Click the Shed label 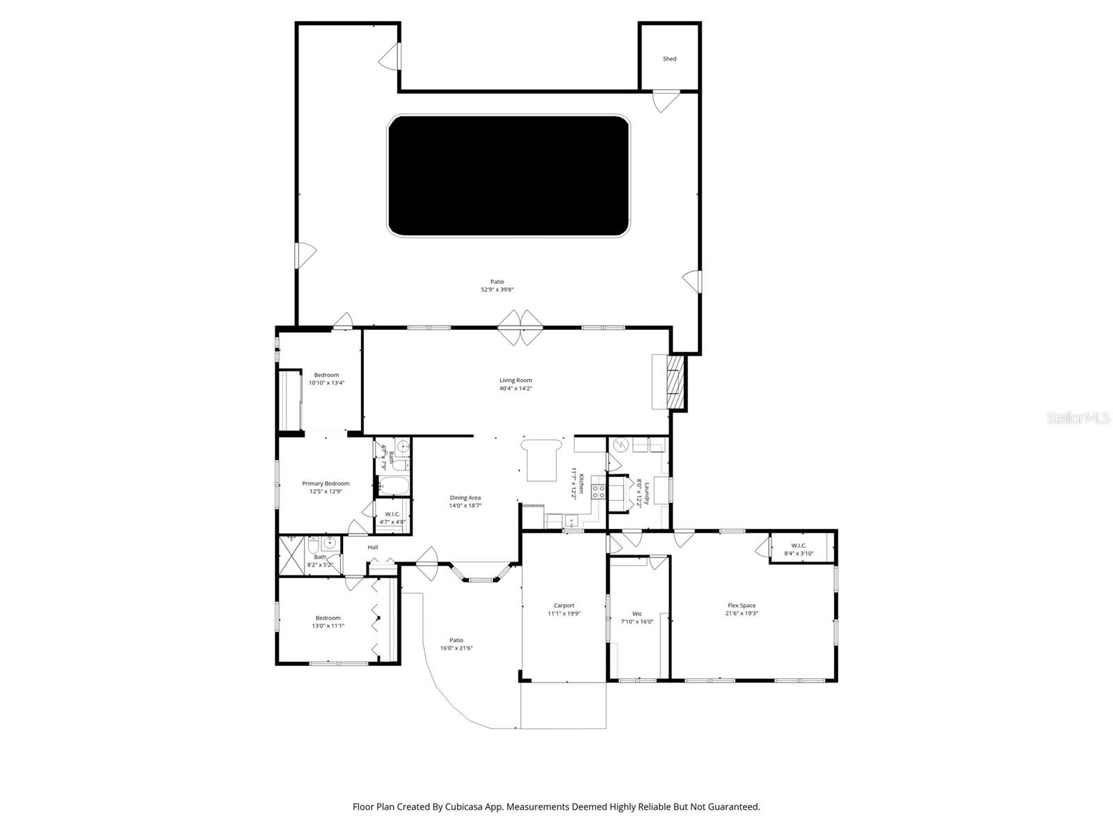coord(669,59)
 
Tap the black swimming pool coord(509,176)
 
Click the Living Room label coord(515,381)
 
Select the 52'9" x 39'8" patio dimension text coord(497,290)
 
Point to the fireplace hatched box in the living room coord(673,382)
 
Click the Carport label coord(563,605)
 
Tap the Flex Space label coord(742,605)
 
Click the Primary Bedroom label coord(326,484)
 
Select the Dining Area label coord(465,498)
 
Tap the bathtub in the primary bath coord(394,486)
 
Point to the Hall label coord(373,548)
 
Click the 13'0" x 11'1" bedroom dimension coord(328,626)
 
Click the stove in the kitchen coord(598,492)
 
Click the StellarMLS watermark coord(1078,418)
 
